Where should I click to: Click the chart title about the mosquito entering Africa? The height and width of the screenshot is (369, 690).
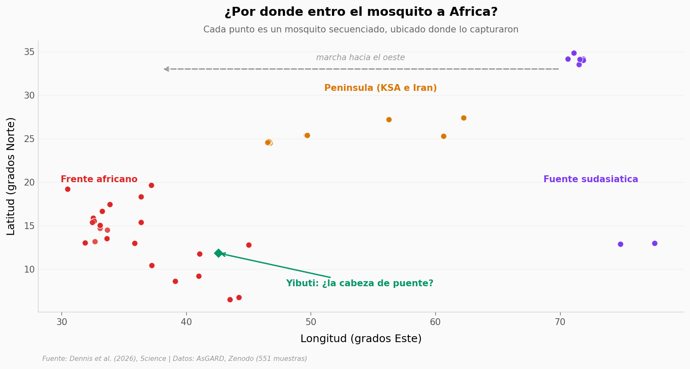point(361,12)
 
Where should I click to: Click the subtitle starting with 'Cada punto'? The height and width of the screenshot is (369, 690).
point(361,29)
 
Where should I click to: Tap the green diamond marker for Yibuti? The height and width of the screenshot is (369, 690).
point(218,253)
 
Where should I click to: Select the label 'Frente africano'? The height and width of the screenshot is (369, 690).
point(99,179)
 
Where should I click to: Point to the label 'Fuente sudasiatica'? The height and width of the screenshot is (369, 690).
point(590,179)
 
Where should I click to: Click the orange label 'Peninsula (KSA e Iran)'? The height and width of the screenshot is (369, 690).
point(380,88)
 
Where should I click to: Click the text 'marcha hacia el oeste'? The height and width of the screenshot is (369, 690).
point(361,58)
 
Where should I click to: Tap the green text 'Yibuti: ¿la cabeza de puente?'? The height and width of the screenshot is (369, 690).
point(359,283)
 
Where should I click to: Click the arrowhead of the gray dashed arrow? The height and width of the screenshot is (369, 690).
point(166,69)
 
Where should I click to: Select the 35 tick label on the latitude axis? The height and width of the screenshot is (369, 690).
point(29,52)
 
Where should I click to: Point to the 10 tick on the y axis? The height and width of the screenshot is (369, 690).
point(29,270)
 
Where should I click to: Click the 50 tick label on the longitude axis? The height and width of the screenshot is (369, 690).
point(311,322)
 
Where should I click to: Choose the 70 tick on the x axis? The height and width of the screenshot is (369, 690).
point(560,322)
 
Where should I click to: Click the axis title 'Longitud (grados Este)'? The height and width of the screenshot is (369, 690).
point(361,339)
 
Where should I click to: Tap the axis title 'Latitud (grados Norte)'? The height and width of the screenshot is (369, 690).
point(11,177)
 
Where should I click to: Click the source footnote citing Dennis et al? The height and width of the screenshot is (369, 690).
point(175,359)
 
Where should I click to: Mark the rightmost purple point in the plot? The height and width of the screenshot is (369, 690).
point(655,244)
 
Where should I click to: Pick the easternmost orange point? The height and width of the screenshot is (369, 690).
point(464,118)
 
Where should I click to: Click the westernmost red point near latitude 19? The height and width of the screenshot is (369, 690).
point(68,189)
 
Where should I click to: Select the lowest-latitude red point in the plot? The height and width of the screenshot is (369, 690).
point(230,299)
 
